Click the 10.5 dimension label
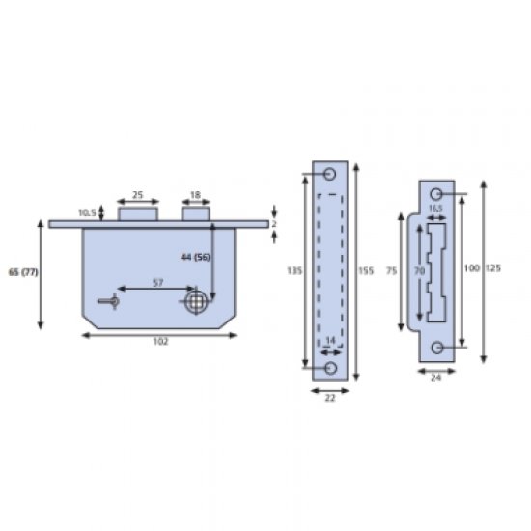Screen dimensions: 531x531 click(x=85, y=211)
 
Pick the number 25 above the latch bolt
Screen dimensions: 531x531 click(x=137, y=195)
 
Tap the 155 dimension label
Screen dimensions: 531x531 click(x=366, y=271)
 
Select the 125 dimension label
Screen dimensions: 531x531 click(x=492, y=266)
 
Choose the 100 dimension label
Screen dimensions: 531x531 click(x=470, y=266)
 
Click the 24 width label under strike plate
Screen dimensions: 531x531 click(x=435, y=379)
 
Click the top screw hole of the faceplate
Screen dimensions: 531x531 click(x=330, y=174)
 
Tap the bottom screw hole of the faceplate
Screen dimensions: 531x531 click(x=330, y=368)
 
